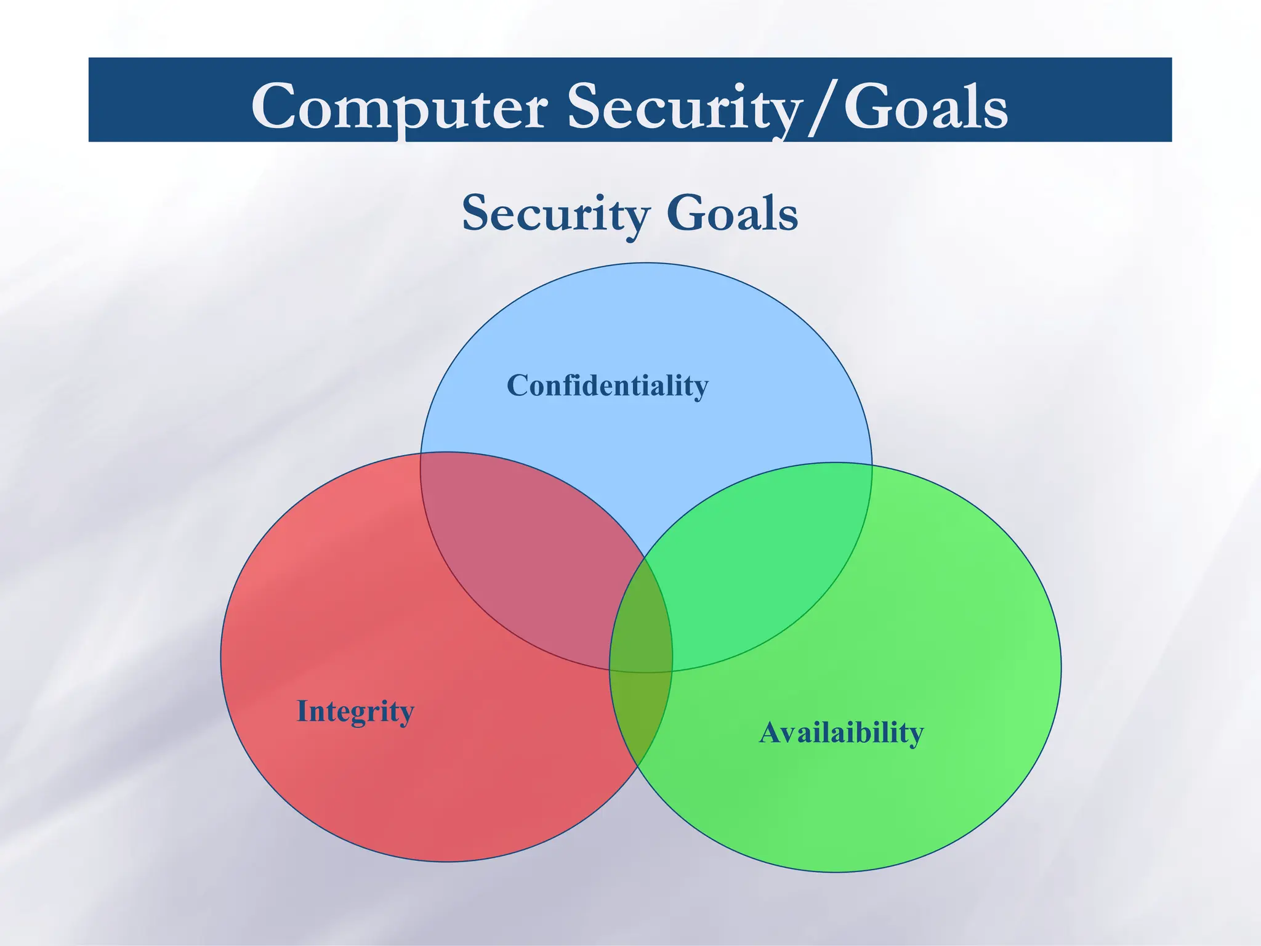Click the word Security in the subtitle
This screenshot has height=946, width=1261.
[x=556, y=213]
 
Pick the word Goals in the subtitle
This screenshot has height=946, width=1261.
[x=732, y=213]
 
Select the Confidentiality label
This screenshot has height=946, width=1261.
[x=607, y=386]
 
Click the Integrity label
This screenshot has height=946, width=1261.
[x=355, y=711]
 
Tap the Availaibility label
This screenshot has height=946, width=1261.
[x=841, y=732]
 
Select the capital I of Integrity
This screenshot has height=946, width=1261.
[x=302, y=711]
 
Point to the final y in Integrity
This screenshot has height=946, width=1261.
[x=406, y=714]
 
